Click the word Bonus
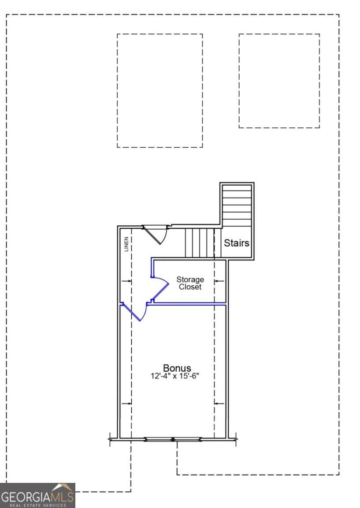[x=177, y=368]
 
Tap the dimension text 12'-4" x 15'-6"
[x=175, y=376]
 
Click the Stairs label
[x=237, y=243]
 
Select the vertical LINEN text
[x=126, y=244]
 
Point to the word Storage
[x=190, y=280]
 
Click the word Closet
[x=190, y=287]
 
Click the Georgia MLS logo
[x=37, y=495]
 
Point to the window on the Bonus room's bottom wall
[x=173, y=439]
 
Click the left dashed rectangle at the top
[x=160, y=91]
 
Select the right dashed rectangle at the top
[x=279, y=81]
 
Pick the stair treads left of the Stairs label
[x=200, y=243]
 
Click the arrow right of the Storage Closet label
[x=219, y=281]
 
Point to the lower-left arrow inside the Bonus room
[x=126, y=403]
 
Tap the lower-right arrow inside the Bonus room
[x=219, y=403]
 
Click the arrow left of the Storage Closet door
[x=126, y=281]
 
